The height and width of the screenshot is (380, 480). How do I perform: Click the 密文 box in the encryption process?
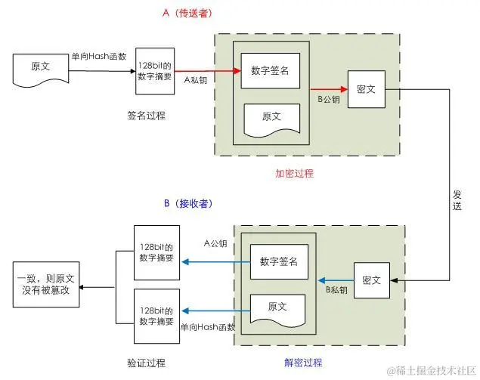pyautogui.click(x=370, y=88)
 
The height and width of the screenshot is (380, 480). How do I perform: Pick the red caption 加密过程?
pyautogui.click(x=294, y=174)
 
